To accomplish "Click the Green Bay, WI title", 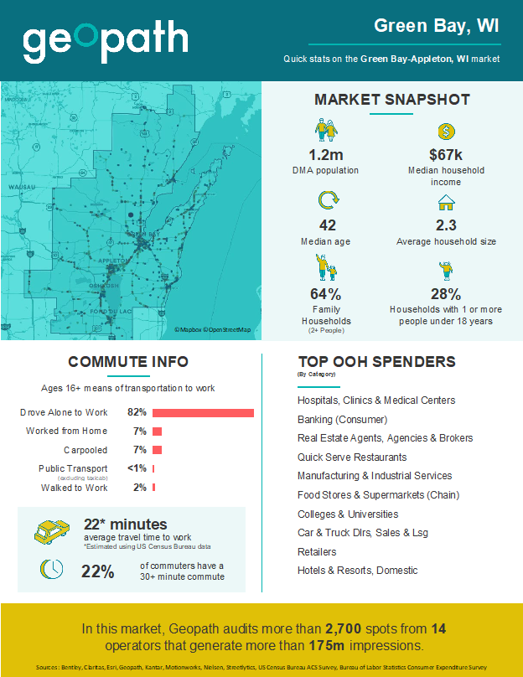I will (437, 26).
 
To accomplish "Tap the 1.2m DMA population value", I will (325, 155).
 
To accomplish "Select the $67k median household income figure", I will (446, 155).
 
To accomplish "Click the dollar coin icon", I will (447, 132).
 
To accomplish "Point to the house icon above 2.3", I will (446, 203).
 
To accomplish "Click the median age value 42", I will (325, 225).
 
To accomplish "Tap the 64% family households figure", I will (325, 294).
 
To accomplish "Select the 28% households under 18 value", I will (446, 294).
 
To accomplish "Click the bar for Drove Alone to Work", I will (203, 412).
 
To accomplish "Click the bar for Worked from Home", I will (157, 432).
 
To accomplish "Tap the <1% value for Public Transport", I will (137, 468).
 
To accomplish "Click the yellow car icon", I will (51, 531).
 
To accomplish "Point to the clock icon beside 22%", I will (51, 569).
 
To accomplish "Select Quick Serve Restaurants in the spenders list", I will (352, 457).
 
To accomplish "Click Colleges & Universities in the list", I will (348, 514).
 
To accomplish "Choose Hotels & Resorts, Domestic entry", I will (357, 571).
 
